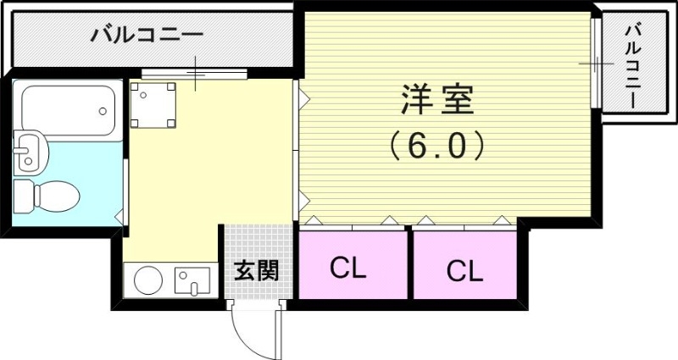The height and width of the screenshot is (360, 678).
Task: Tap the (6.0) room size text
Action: click(437, 146)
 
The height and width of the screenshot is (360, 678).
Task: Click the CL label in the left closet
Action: click(347, 269)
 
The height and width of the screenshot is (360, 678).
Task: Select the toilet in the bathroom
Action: click(51, 194)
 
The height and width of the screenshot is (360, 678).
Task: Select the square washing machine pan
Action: click(153, 103)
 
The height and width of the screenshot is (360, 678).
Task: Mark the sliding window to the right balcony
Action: click(597, 64)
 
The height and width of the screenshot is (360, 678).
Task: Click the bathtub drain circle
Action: click(103, 110)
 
